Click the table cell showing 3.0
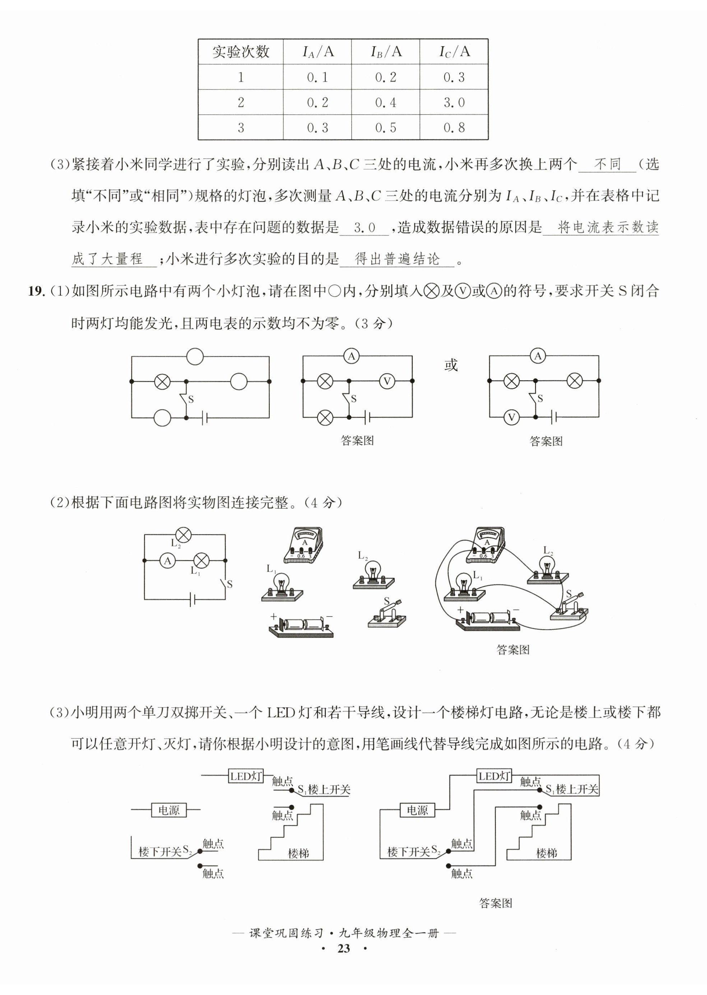454,102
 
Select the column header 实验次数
241,52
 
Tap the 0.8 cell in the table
454,128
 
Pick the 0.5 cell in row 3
386,128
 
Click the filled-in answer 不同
607,164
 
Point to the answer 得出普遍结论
397,259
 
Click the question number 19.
36,291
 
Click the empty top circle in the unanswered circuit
195,356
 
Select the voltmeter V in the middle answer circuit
387,381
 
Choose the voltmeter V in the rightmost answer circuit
512,418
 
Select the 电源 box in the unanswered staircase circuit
168,810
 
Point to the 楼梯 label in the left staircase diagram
299,853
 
